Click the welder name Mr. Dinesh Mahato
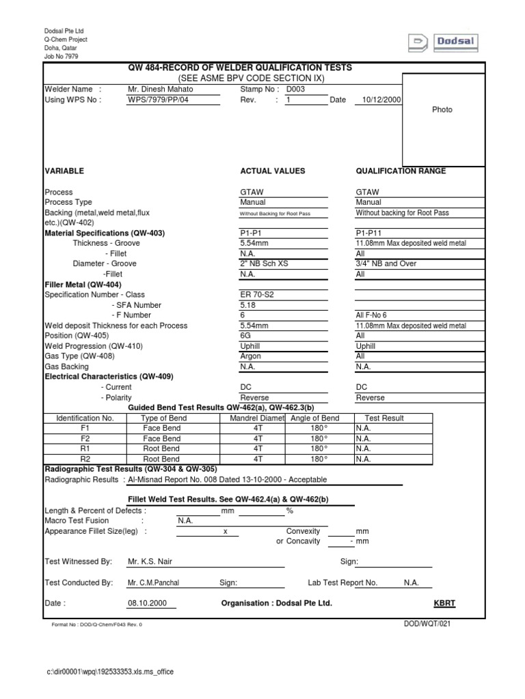(x=161, y=89)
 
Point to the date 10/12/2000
(x=377, y=100)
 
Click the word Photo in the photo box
(x=442, y=109)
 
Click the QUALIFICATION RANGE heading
(x=401, y=171)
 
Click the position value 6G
(x=246, y=336)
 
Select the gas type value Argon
(x=251, y=356)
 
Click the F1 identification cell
(x=85, y=428)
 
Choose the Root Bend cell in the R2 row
(x=161, y=459)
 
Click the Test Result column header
(x=384, y=418)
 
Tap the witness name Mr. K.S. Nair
(x=156, y=561)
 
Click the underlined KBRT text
(x=444, y=603)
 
